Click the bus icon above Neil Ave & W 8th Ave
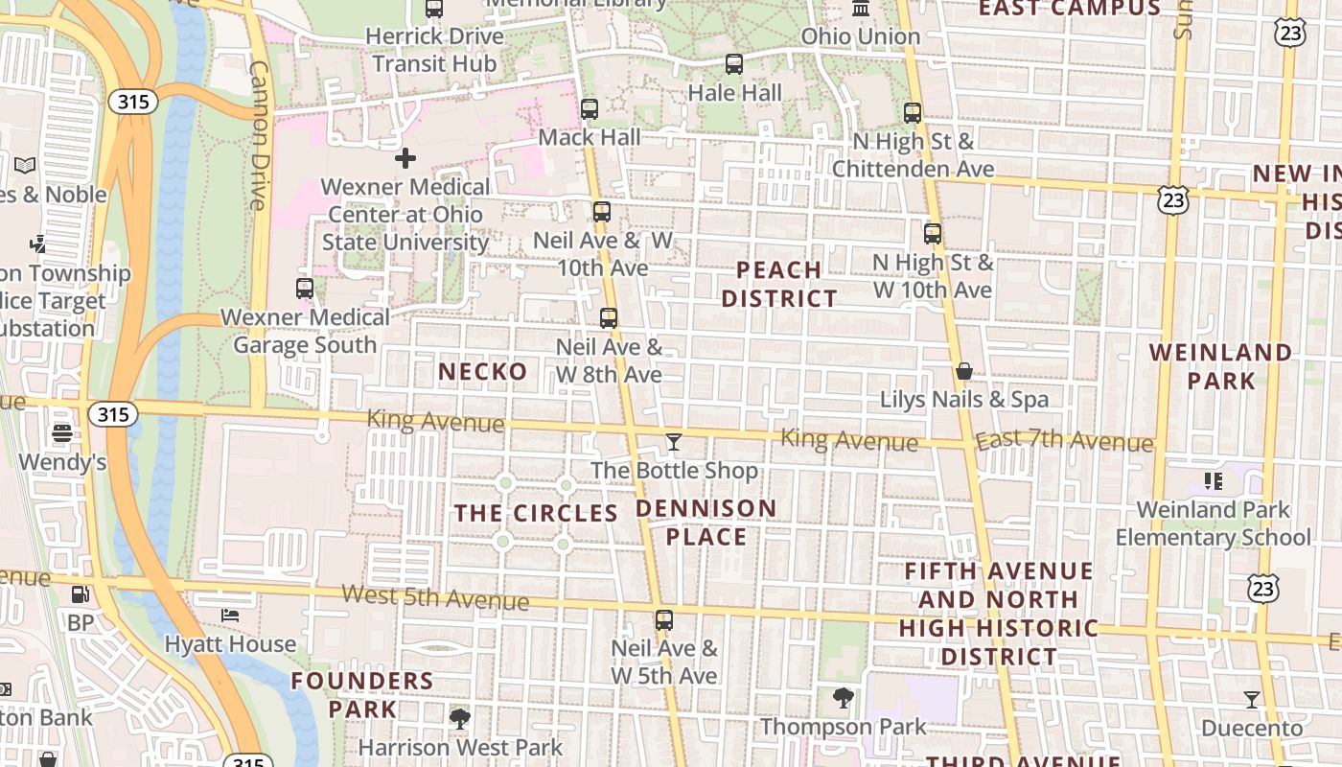click(x=609, y=317)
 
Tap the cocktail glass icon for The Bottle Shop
click(x=674, y=442)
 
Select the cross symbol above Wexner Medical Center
click(x=405, y=157)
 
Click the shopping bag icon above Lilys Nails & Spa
click(x=964, y=370)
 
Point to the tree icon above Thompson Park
click(x=844, y=698)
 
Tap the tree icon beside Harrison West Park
click(x=460, y=717)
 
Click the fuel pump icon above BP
click(x=81, y=594)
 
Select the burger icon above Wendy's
click(x=62, y=433)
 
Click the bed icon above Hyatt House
click(x=230, y=615)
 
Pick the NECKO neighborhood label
click(x=483, y=371)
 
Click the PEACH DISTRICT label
click(x=779, y=284)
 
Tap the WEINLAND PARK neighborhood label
click(x=1221, y=366)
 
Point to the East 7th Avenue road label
click(x=1064, y=441)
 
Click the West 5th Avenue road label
click(x=435, y=597)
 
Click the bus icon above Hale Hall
click(x=734, y=64)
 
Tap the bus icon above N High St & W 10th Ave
click(x=933, y=233)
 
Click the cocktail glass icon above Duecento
click(x=1252, y=699)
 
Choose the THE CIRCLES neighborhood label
click(x=536, y=513)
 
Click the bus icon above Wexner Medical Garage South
click(x=305, y=288)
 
